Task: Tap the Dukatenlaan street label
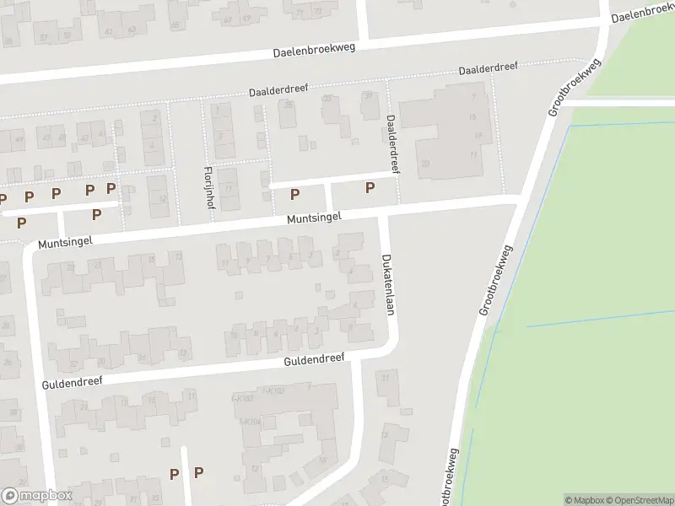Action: pyautogui.click(x=387, y=284)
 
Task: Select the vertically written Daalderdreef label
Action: pyautogui.click(x=391, y=144)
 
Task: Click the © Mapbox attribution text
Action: pyautogui.click(x=585, y=500)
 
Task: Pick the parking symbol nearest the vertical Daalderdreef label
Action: pyautogui.click(x=369, y=188)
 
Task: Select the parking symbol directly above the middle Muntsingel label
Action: pyautogui.click(x=294, y=195)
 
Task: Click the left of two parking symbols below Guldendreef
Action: pyautogui.click(x=174, y=474)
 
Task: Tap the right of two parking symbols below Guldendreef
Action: pyautogui.click(x=199, y=473)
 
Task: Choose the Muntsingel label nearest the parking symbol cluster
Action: pyautogui.click(x=64, y=241)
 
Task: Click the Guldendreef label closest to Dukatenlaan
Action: pyautogui.click(x=315, y=359)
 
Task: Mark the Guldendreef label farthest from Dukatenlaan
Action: pyautogui.click(x=72, y=382)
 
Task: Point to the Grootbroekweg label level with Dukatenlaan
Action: pyautogui.click(x=495, y=281)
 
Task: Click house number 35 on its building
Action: pyautogui.click(x=289, y=105)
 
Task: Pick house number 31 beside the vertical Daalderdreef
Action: pyautogui.click(x=369, y=95)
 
